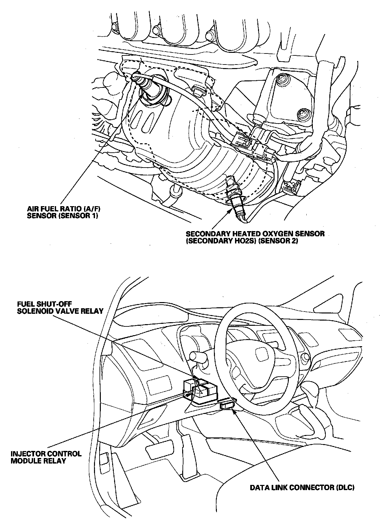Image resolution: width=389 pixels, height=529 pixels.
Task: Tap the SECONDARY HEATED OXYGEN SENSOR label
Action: (x=255, y=237)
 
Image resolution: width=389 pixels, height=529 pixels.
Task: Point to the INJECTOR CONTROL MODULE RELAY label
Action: (x=46, y=457)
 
